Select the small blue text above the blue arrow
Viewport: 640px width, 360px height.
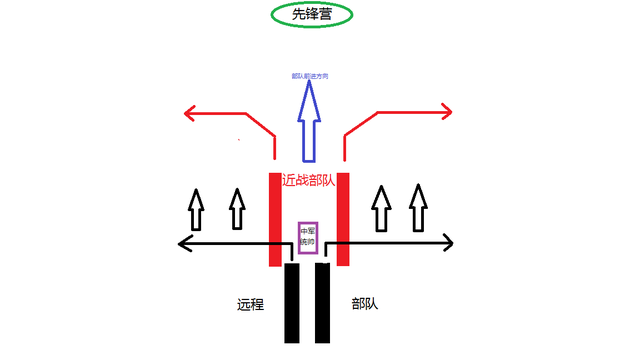pyautogui.click(x=309, y=75)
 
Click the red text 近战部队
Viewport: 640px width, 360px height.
pyautogui.click(x=309, y=182)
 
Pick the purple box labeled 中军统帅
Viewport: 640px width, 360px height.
pyautogui.click(x=308, y=235)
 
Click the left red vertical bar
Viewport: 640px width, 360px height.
pyautogui.click(x=275, y=218)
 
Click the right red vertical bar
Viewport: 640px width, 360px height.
pyautogui.click(x=342, y=218)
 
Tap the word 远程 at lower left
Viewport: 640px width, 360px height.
pyautogui.click(x=250, y=304)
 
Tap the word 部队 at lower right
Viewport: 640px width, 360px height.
pyautogui.click(x=366, y=304)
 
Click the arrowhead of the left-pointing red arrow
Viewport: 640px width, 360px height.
pyautogui.click(x=190, y=115)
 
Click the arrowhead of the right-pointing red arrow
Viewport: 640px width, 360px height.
pyautogui.click(x=447, y=113)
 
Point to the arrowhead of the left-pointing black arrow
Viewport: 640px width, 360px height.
pyautogui.click(x=182, y=242)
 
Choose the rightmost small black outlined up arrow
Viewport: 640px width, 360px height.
pyautogui.click(x=418, y=208)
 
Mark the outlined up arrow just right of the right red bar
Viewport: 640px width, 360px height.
pyautogui.click(x=381, y=208)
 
